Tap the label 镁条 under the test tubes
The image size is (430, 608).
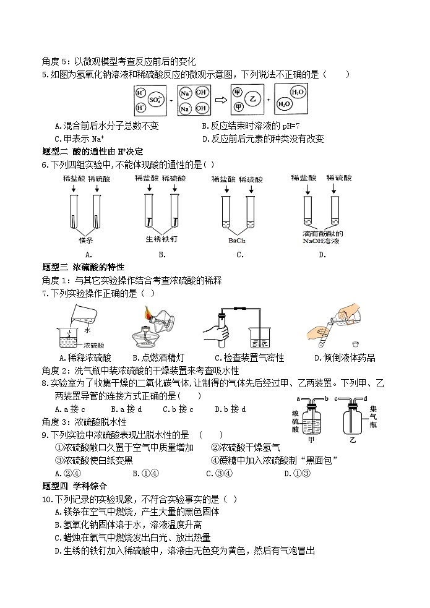pyautogui.click(x=86, y=239)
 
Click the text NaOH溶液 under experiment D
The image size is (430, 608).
pyautogui.click(x=320, y=241)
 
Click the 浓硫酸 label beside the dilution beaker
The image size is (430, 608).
pyautogui.click(x=93, y=345)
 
